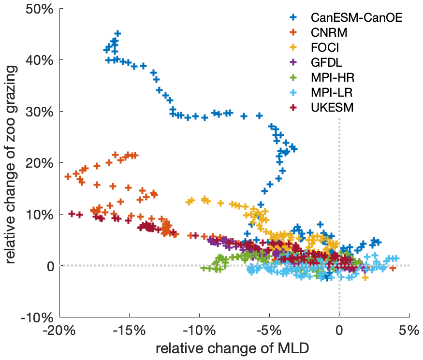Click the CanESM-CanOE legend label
click(x=356, y=18)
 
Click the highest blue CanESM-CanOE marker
click(x=117, y=34)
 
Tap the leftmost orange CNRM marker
click(x=68, y=176)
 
